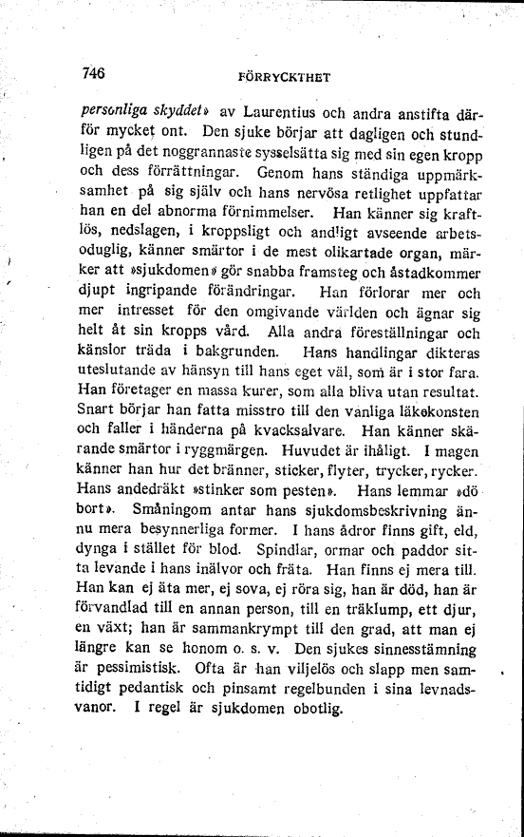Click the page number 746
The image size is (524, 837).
tap(93, 72)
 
